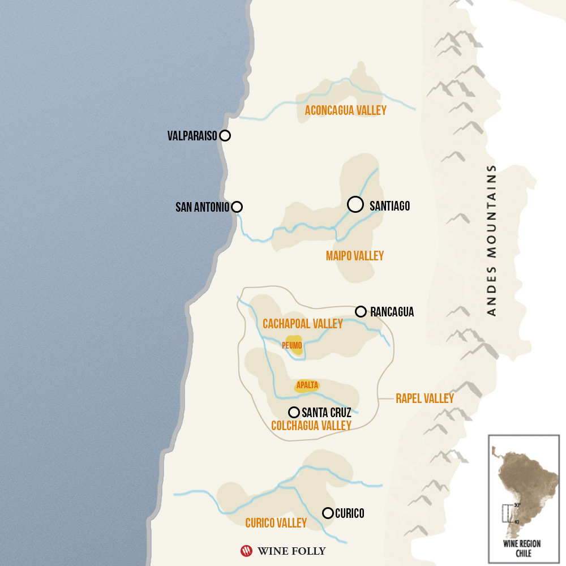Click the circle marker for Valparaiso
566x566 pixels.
225,135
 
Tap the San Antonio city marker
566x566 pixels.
237,207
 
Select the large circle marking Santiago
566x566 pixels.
355,204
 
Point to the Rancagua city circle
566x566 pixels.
361,311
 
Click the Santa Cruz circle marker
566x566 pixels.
294,412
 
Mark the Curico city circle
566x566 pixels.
327,513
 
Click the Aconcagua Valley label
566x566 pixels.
345,110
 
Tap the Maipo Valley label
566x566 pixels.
354,256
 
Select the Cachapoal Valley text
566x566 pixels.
303,324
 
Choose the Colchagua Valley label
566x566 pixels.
311,426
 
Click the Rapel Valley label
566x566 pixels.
424,398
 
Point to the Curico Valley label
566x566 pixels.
276,523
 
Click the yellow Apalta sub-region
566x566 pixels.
307,385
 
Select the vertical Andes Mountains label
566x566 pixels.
491,240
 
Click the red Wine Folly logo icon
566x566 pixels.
246,550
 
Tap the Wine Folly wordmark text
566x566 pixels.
291,550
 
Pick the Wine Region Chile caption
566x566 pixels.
524,548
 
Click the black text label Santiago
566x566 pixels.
389,206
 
